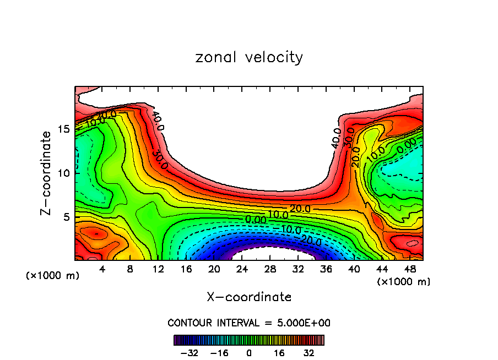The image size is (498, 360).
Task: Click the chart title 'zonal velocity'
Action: pos(249,57)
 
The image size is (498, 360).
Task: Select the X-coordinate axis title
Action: pos(249,297)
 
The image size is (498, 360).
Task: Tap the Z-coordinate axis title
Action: pos(47,173)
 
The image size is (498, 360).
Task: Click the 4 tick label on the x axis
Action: pos(102,270)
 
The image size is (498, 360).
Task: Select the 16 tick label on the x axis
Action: pos(186,270)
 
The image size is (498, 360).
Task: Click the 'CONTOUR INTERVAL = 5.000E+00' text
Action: pos(249,323)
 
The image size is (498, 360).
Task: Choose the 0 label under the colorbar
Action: pos(249,352)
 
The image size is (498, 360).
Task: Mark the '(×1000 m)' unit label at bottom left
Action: pos(53,275)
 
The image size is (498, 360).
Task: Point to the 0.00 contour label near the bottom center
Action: pos(256,220)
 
